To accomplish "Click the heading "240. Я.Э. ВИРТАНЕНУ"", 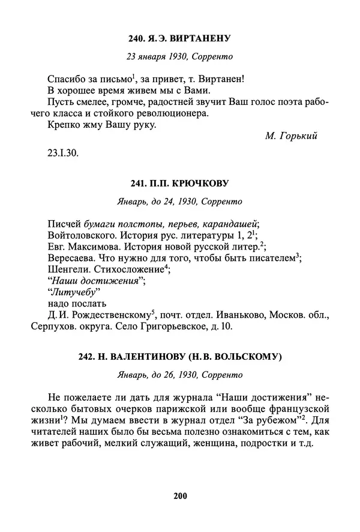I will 180,39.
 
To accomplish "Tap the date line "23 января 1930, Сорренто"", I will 180,57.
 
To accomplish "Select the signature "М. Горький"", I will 290,136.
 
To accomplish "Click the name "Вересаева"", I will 68,258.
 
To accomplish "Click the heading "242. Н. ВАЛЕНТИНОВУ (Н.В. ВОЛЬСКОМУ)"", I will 180,357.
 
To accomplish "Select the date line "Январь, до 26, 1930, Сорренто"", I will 180,375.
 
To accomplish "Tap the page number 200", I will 180,495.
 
